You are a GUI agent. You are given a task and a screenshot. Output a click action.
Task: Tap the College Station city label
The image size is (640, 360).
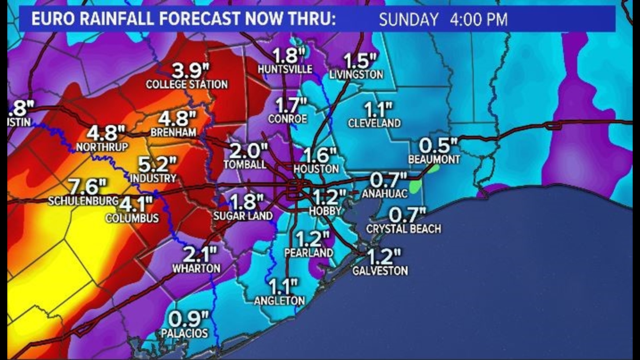pyautogui.click(x=187, y=84)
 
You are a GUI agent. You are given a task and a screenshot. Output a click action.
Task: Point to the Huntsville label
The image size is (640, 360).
pyautogui.click(x=285, y=69)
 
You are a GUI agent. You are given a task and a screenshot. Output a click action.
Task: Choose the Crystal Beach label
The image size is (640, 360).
pyautogui.click(x=403, y=229)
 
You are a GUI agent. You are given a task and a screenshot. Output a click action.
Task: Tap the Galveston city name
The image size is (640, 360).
pyautogui.click(x=380, y=271)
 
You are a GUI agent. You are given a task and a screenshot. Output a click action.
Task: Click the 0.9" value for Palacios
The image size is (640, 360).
pyautogui.click(x=188, y=319)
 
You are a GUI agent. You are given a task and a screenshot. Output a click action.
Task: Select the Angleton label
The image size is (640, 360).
pyautogui.click(x=279, y=301)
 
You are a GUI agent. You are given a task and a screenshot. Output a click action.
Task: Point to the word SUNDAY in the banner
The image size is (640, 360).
pyautogui.click(x=409, y=19)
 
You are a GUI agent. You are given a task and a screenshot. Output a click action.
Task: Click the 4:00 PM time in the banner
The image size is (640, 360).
pyautogui.click(x=479, y=19)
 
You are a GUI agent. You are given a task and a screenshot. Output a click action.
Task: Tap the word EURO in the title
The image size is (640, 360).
pyautogui.click(x=53, y=19)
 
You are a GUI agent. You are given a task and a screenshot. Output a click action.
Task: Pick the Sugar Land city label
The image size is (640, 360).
pyautogui.click(x=243, y=216)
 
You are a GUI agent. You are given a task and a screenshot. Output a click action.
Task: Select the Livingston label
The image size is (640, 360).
pyautogui.click(x=356, y=74)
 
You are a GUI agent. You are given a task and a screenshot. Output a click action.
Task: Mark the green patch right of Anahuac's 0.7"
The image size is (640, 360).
pyautogui.click(x=415, y=187)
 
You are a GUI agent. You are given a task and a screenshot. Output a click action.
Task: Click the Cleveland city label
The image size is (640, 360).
pyautogui.click(x=374, y=123)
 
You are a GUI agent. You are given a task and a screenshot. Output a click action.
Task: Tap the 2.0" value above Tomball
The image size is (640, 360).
pyautogui.click(x=248, y=151)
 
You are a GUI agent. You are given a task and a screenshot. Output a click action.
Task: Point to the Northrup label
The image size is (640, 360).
pyautogui.click(x=102, y=147)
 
